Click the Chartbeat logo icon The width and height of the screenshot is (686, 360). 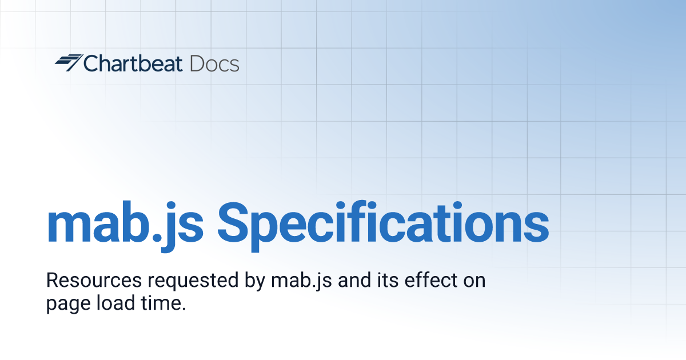pyautogui.click(x=69, y=63)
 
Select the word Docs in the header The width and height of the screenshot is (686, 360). pyautogui.click(x=214, y=63)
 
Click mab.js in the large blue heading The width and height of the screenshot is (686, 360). pyautogui.click(x=125, y=223)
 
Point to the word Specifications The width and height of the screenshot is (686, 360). pyautogui.click(x=382, y=223)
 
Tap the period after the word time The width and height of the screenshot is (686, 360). pyautogui.click(x=184, y=309)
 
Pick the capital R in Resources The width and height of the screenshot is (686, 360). pyautogui.click(x=52, y=281)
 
